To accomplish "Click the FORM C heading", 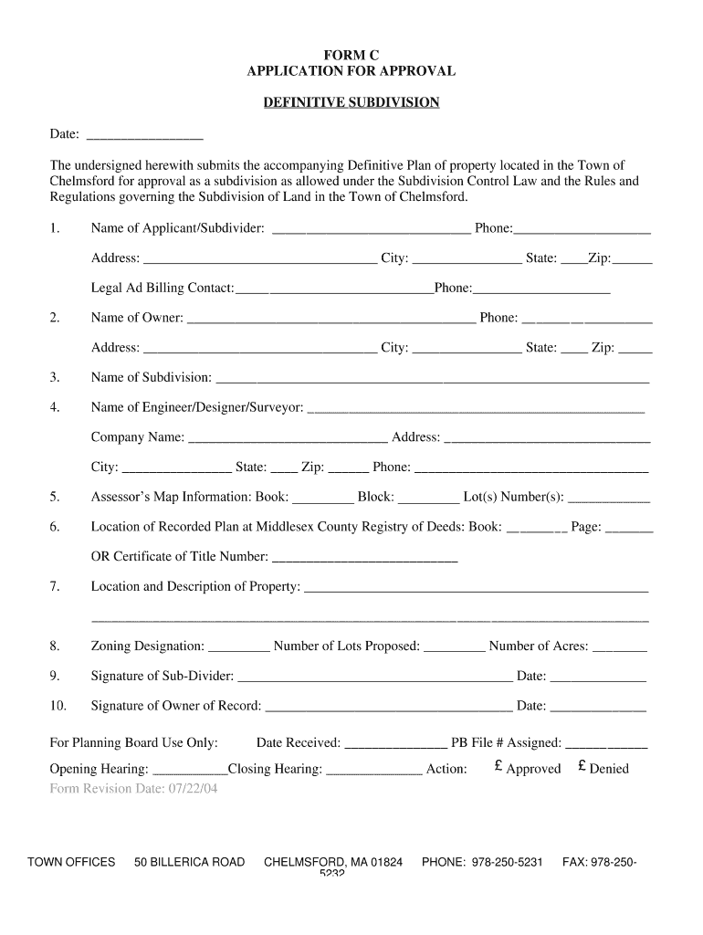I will point(351,55).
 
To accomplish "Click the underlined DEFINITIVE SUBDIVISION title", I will point(351,102).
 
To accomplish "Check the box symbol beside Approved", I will point(498,768).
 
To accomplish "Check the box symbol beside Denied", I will point(582,768).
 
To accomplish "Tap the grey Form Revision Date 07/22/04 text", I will point(133,789).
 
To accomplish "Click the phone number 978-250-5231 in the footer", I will point(508,862).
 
